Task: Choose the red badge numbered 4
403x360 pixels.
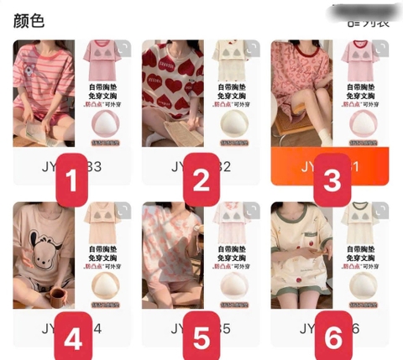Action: coord(71,338)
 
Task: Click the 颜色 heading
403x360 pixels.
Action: coord(29,19)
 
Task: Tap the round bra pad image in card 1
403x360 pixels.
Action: coord(107,126)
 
